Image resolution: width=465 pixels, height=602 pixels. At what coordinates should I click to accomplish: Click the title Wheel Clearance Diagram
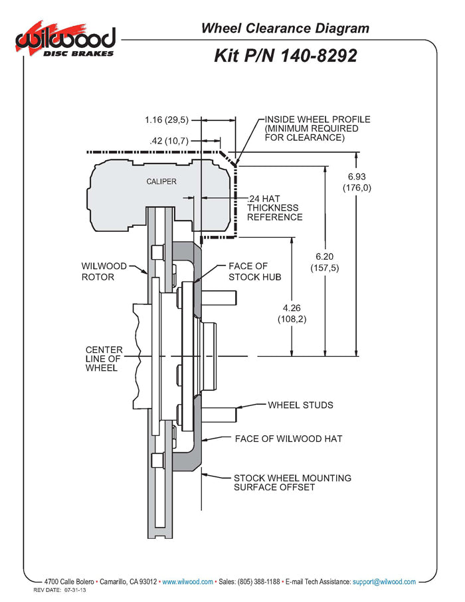click(285, 28)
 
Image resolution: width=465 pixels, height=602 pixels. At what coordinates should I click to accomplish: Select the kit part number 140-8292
click(286, 56)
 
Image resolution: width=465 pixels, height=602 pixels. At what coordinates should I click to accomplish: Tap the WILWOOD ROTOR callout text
click(103, 271)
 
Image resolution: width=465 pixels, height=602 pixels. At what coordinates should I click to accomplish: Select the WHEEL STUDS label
click(300, 405)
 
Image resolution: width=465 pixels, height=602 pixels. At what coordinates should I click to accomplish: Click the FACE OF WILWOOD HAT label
click(288, 439)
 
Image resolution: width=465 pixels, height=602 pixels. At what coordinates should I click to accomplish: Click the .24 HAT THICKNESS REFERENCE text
click(274, 208)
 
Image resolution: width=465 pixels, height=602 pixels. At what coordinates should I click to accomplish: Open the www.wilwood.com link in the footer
click(187, 581)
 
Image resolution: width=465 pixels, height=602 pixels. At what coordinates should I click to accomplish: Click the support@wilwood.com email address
click(385, 581)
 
